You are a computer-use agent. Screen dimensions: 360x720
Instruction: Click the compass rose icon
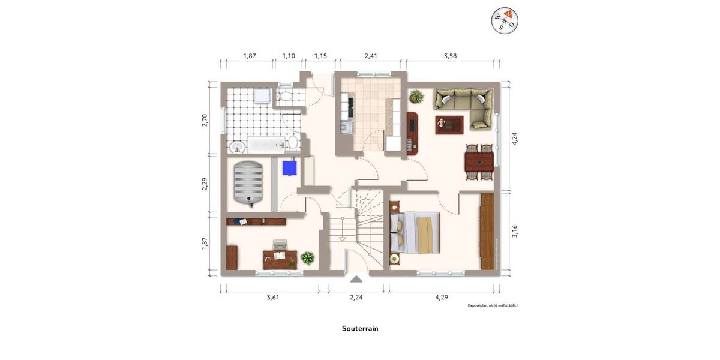(504, 20)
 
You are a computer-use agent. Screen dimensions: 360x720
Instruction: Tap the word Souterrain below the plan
(360, 329)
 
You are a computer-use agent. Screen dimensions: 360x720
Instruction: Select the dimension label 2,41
(371, 56)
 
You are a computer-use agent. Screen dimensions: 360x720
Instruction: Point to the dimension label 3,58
(451, 56)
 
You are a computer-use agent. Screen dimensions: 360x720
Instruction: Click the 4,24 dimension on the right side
(514, 138)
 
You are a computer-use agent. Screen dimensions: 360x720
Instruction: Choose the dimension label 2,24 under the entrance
(356, 297)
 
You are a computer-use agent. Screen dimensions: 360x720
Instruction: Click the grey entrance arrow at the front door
(356, 278)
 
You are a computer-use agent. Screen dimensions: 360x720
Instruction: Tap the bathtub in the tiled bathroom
(266, 143)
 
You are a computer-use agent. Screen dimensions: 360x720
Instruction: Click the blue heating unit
(290, 167)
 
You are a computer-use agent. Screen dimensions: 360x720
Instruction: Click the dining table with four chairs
(479, 161)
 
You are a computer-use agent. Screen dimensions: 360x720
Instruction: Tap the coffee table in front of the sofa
(449, 124)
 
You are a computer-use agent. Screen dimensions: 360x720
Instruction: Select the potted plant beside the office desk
(307, 258)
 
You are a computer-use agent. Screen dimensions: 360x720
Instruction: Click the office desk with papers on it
(280, 259)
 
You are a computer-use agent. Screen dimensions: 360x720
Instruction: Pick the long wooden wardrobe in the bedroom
(487, 231)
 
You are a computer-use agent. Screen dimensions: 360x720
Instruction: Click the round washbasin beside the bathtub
(236, 146)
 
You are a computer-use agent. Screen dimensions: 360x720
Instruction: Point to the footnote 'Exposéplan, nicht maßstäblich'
(493, 306)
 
